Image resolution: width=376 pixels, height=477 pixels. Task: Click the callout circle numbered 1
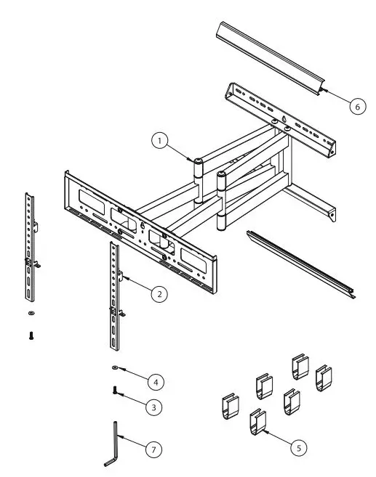point(161,141)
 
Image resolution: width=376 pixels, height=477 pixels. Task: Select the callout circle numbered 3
point(152,407)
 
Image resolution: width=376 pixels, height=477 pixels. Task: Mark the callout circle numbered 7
point(153,449)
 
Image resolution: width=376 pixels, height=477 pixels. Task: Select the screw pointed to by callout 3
point(116,390)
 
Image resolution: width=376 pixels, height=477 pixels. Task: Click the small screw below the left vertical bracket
point(31,335)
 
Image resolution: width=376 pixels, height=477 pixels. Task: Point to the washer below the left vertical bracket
point(31,314)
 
